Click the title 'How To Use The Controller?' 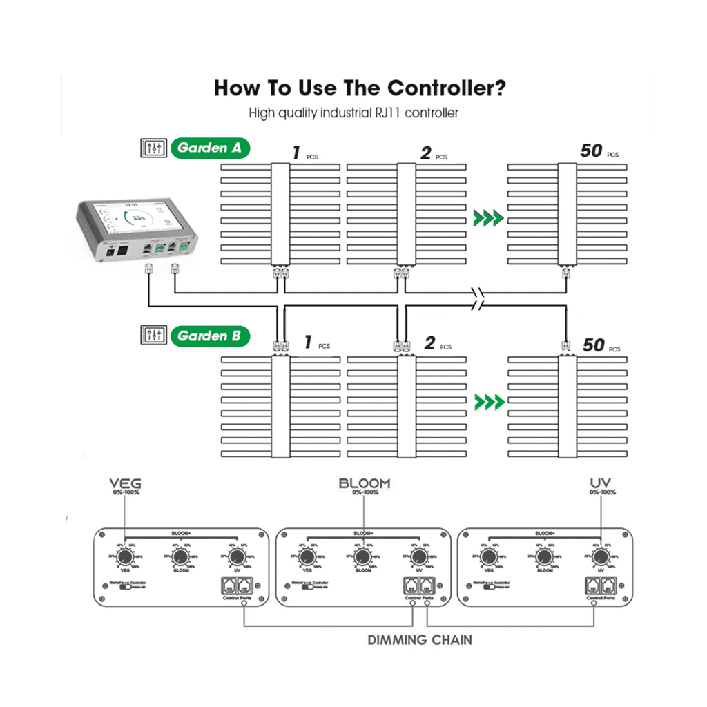[360, 89]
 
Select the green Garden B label [210, 336]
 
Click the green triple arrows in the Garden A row [488, 220]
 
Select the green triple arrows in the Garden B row [488, 401]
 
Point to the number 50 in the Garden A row [591, 151]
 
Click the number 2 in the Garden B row [429, 343]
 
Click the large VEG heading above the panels [125, 483]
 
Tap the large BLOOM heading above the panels [364, 483]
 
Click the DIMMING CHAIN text [420, 640]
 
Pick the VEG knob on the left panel [125, 556]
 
